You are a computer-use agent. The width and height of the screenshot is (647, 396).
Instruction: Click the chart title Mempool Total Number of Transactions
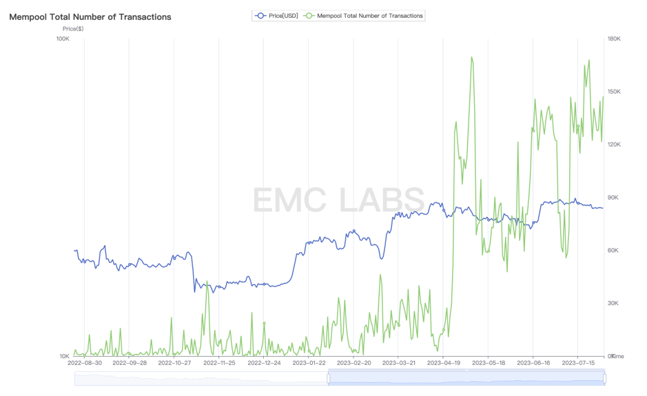coord(90,17)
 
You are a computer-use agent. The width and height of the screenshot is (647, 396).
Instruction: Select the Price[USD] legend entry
coord(277,15)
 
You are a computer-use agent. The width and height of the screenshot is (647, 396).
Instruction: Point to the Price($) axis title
coord(73,29)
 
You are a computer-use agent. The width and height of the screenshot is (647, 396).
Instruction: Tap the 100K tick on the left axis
coord(63,39)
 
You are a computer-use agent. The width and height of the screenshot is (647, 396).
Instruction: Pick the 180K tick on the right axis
coord(613,39)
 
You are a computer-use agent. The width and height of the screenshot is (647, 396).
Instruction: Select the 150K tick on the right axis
coord(613,92)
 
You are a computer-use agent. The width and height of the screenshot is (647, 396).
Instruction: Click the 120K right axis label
coord(613,145)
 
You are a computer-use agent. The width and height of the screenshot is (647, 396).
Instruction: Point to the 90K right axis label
coord(612,198)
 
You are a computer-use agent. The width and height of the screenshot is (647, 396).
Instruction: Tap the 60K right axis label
coord(612,251)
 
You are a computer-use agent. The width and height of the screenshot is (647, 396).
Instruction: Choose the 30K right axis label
coord(612,303)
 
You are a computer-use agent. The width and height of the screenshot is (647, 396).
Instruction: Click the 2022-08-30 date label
coord(85,363)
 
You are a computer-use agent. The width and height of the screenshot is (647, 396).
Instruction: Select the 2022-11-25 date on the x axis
coord(219,363)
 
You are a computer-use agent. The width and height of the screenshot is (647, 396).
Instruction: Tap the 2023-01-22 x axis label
coord(309,363)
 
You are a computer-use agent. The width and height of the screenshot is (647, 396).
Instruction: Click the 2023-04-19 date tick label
coord(444,363)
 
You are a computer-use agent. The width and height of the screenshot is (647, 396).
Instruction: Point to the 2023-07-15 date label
coord(578,363)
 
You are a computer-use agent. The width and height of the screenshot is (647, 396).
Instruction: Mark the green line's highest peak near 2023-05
coord(471,57)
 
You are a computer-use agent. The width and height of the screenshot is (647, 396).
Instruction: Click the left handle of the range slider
coord(328,378)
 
